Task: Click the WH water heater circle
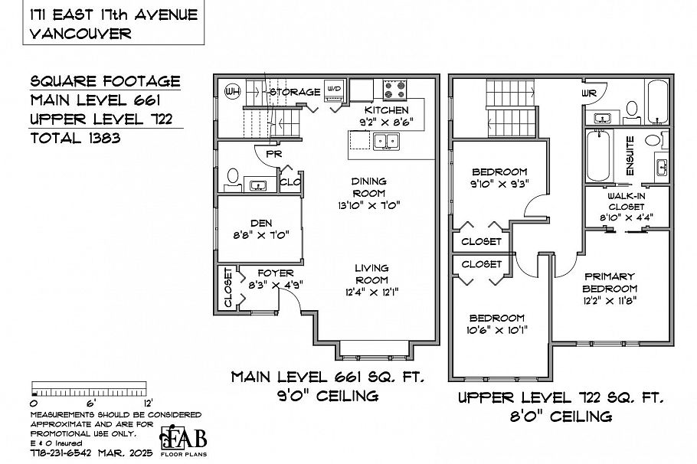click(230, 92)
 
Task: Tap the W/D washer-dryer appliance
click(334, 90)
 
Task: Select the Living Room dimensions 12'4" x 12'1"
click(371, 291)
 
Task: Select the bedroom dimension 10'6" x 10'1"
click(497, 330)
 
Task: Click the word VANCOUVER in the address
click(80, 33)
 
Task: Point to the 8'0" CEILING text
click(562, 417)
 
